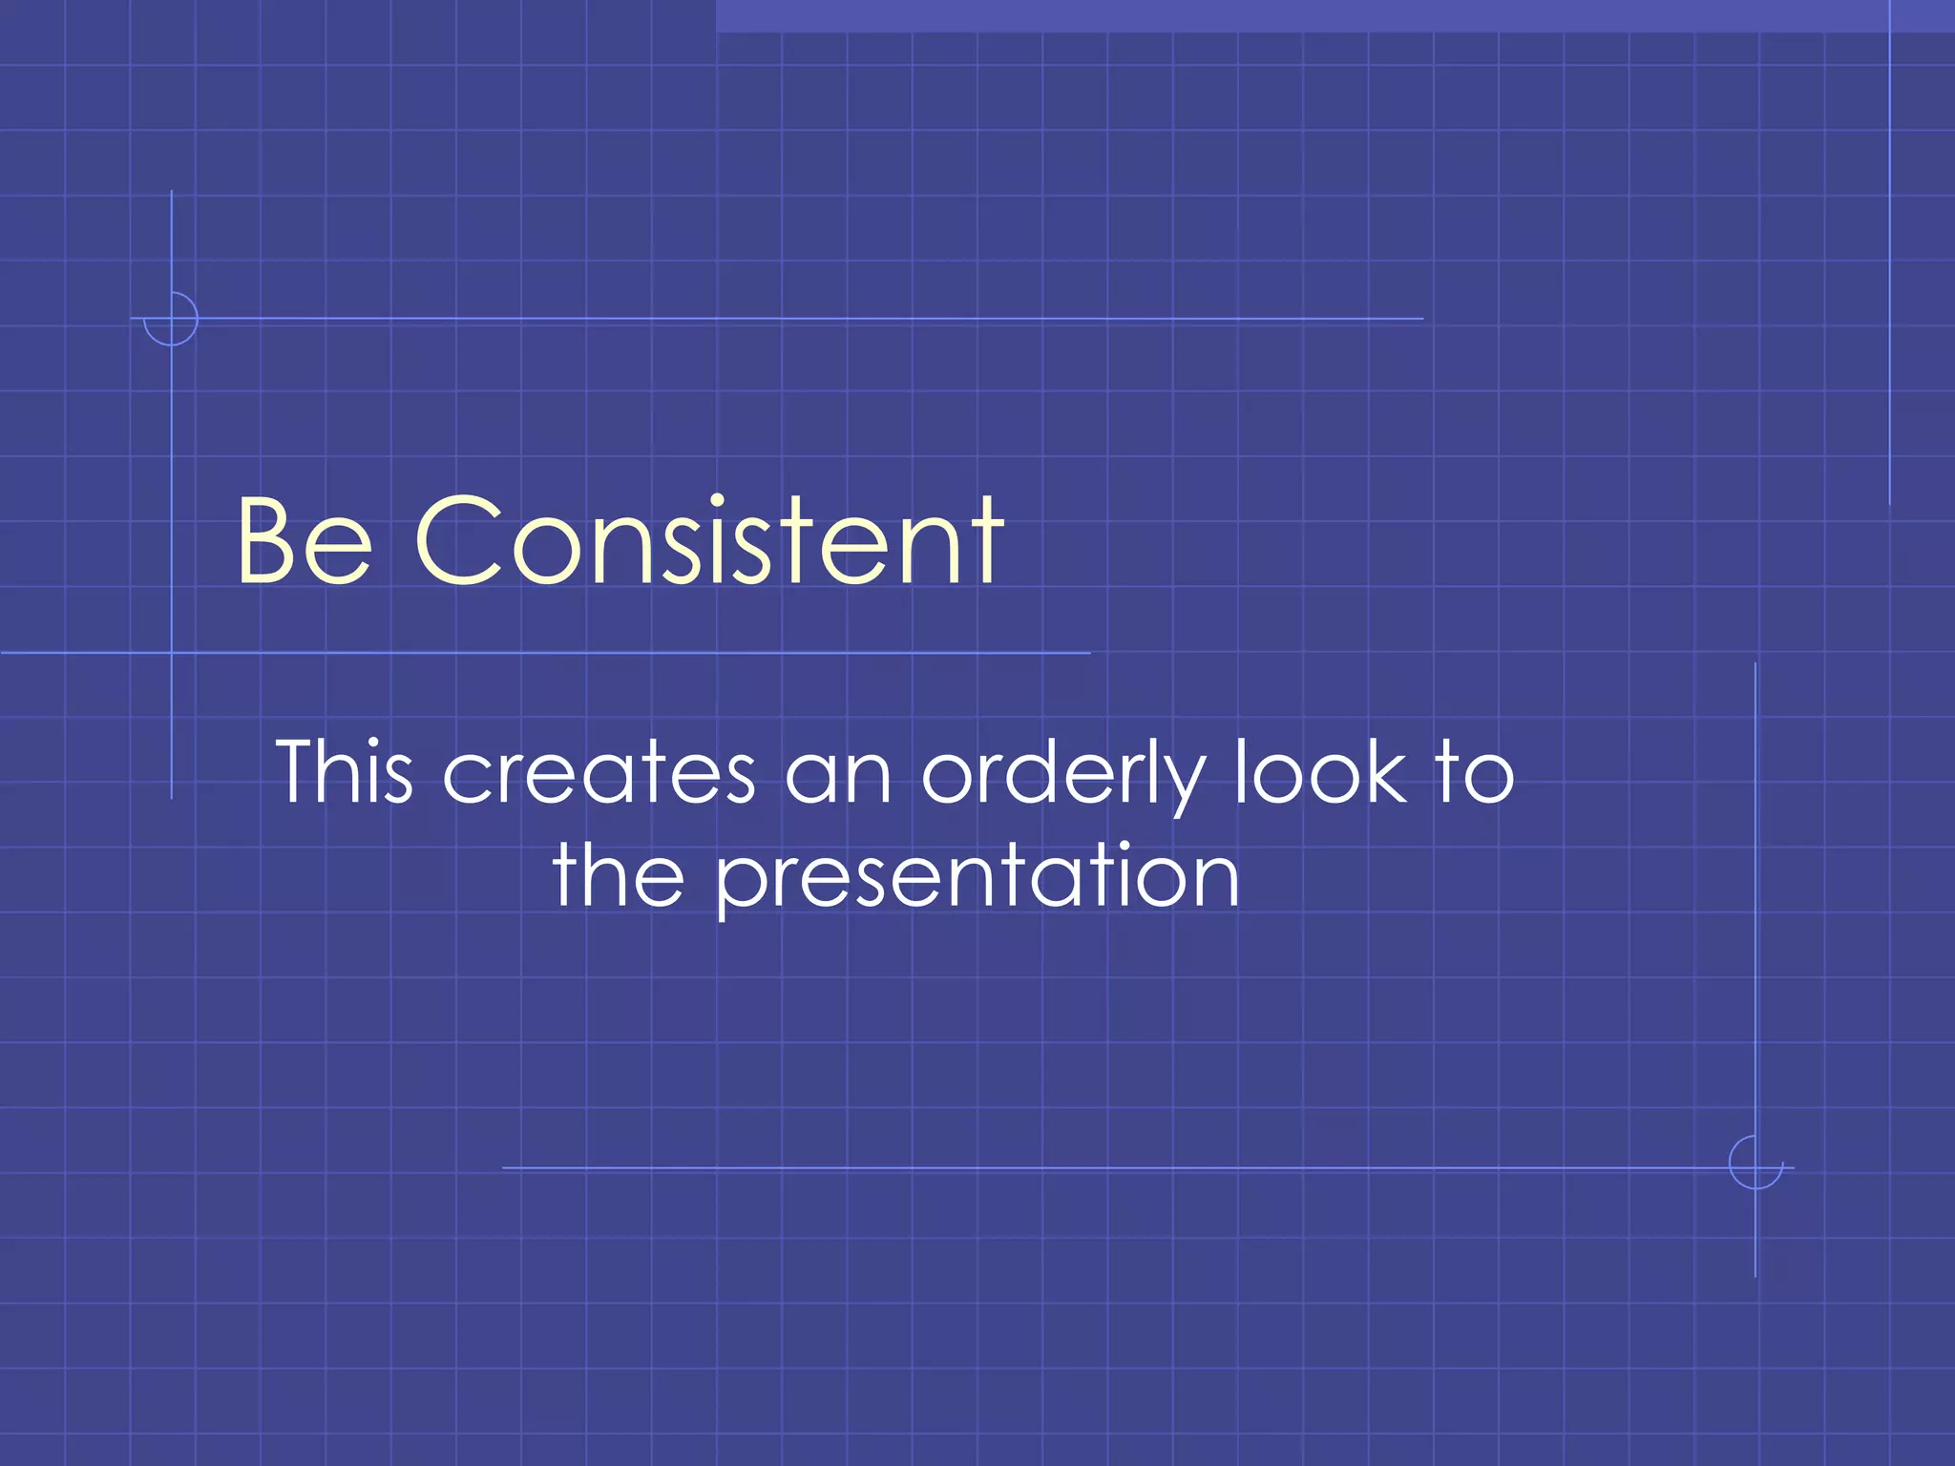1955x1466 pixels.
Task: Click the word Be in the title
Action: tap(304, 541)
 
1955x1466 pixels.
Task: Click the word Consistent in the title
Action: tap(709, 541)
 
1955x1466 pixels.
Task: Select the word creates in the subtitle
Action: tap(599, 773)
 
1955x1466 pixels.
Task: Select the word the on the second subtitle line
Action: tap(618, 876)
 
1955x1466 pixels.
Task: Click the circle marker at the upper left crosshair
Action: tap(171, 319)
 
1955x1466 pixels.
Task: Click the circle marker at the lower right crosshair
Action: tap(1755, 1162)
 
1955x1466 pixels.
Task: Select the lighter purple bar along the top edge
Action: tap(1335, 15)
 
